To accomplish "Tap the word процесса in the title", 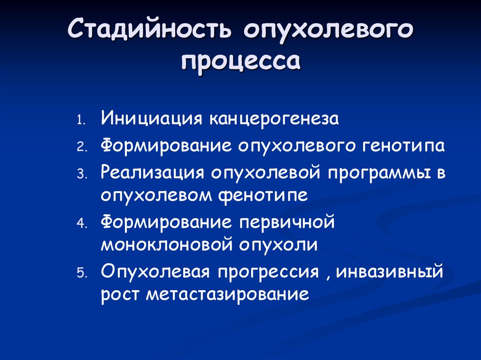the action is pyautogui.click(x=241, y=61).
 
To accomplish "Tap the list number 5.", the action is pyautogui.click(x=82, y=273).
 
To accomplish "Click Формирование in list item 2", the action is pyautogui.click(x=166, y=146).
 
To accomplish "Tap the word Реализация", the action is pyautogui.click(x=152, y=173).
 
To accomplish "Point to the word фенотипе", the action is pyautogui.click(x=263, y=195).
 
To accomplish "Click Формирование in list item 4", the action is pyautogui.click(x=166, y=222).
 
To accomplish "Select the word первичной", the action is pyautogui.click(x=287, y=222).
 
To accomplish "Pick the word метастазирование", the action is pyautogui.click(x=227, y=295).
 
